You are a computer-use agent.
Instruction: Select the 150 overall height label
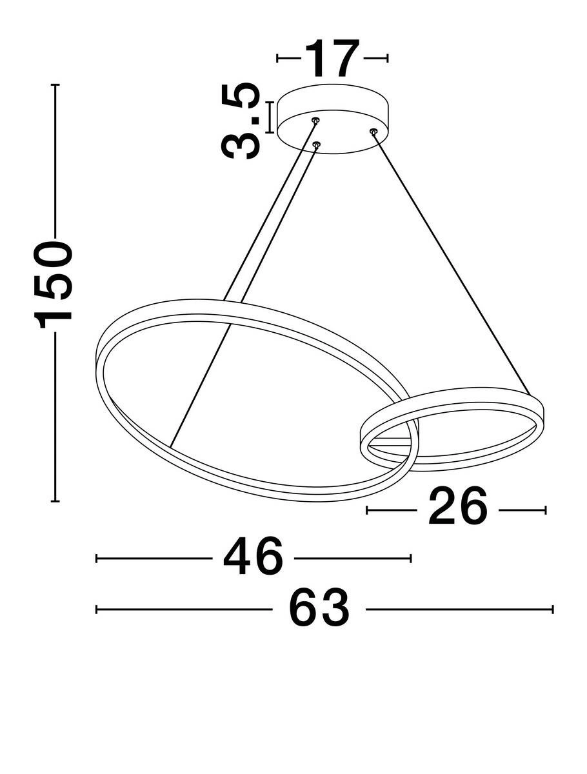[x=53, y=284]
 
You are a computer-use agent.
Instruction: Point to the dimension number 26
[x=457, y=510]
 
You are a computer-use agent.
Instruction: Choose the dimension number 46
[x=253, y=557]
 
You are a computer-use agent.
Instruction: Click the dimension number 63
[x=319, y=606]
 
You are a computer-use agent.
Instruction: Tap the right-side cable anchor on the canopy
[x=373, y=131]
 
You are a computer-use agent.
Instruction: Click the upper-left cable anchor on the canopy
[x=315, y=120]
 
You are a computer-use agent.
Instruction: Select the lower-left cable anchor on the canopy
[x=316, y=144]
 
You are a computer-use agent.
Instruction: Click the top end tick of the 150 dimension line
[x=55, y=85]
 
